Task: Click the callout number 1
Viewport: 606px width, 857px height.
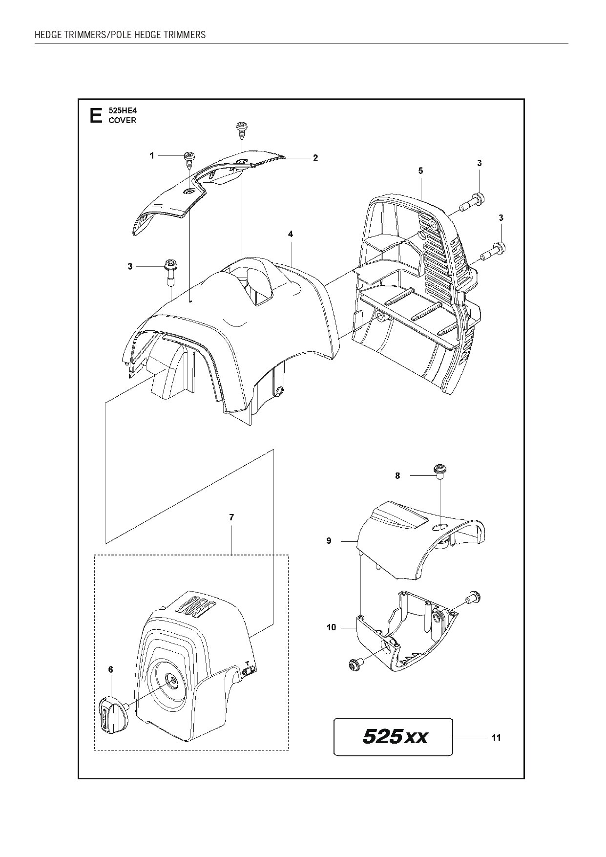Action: (x=152, y=156)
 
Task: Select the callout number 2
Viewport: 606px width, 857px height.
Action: (x=315, y=158)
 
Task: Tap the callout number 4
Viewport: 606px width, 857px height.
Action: (x=291, y=235)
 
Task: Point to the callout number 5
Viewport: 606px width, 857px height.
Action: (x=420, y=171)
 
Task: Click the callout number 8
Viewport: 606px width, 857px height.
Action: (x=397, y=475)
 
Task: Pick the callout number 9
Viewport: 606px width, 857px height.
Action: (x=329, y=541)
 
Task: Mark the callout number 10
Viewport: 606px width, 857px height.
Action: (x=332, y=627)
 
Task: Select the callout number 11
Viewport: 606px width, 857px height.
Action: (x=496, y=752)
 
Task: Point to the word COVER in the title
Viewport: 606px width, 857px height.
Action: (x=123, y=120)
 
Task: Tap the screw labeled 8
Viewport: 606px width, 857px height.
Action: (x=439, y=472)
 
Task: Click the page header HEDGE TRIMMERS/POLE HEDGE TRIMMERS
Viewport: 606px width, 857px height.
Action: (x=120, y=35)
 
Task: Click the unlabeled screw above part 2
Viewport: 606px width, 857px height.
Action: (x=241, y=128)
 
